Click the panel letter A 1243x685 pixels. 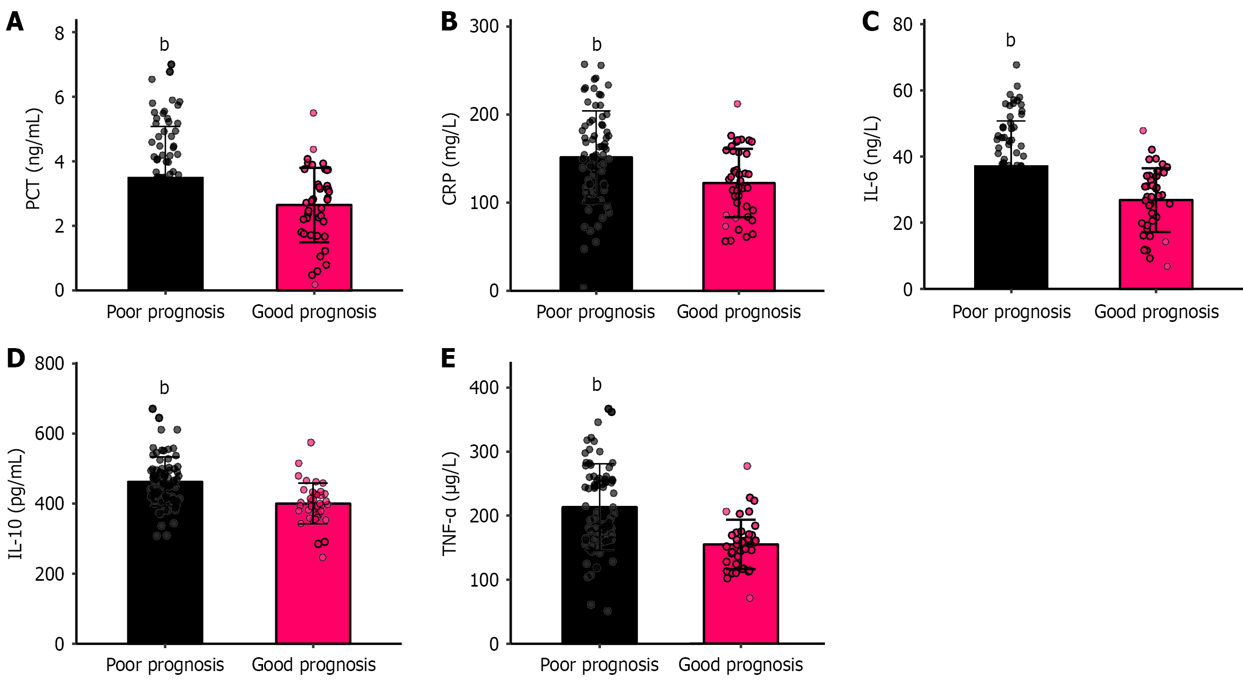pyautogui.click(x=14, y=22)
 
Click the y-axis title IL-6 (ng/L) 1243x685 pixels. pyautogui.click(x=872, y=159)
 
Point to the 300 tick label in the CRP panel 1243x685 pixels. pyautogui.click(x=484, y=26)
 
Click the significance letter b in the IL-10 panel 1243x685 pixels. pyautogui.click(x=164, y=388)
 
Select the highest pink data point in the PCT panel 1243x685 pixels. pyautogui.click(x=313, y=113)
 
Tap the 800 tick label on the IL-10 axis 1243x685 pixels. pyautogui.click(x=49, y=364)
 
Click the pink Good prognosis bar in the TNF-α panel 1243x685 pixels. pyautogui.click(x=740, y=599)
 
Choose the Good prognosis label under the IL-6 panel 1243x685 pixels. pyautogui.click(x=1156, y=312)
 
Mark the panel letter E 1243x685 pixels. pyautogui.click(x=448, y=358)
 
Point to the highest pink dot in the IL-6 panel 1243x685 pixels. pyautogui.click(x=1143, y=130)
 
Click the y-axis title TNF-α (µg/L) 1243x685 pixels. pyautogui.click(x=450, y=504)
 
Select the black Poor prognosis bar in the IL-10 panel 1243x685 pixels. pyautogui.click(x=165, y=567)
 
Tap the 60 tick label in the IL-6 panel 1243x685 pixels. pyautogui.click(x=902, y=91)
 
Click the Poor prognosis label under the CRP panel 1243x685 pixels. pyautogui.click(x=595, y=312)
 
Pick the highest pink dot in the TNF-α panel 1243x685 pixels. pyautogui.click(x=747, y=466)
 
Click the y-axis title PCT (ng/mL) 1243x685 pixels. pyautogui.click(x=33, y=159)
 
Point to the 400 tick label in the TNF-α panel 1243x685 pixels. pyautogui.click(x=484, y=388)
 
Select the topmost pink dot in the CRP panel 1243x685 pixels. pyautogui.click(x=737, y=104)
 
